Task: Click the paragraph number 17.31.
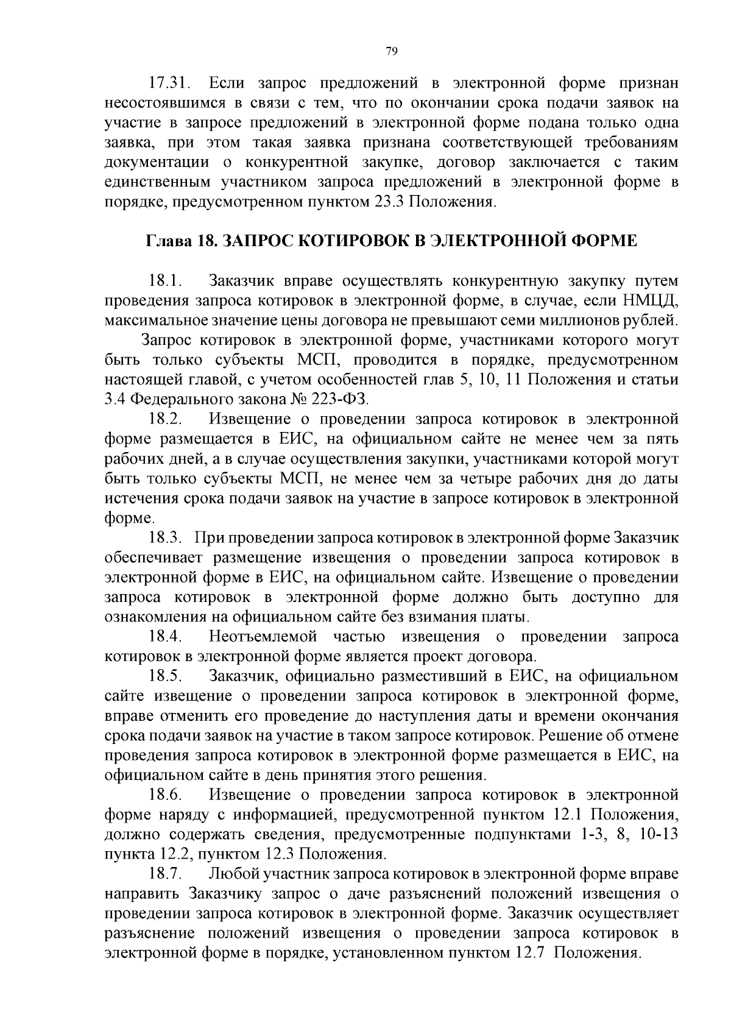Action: [x=169, y=83]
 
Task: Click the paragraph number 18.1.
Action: [x=166, y=282]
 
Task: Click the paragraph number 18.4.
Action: [x=166, y=637]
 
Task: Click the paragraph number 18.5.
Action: [x=166, y=676]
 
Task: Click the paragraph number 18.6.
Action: [x=166, y=795]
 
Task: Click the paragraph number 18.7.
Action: [x=166, y=874]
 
